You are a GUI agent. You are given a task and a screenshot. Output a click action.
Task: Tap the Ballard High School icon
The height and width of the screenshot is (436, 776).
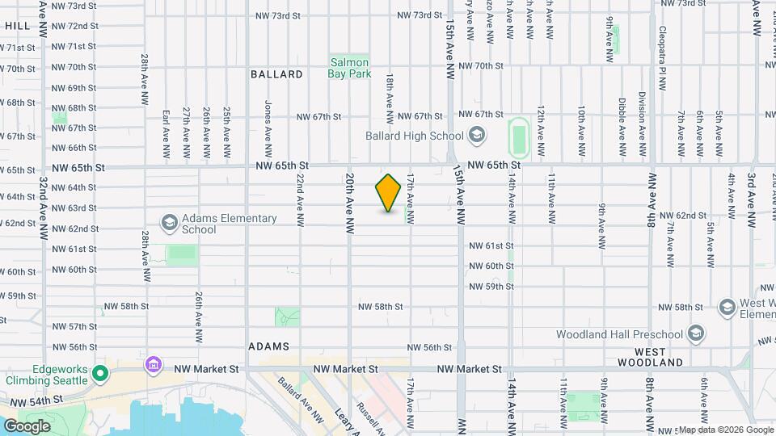point(477,136)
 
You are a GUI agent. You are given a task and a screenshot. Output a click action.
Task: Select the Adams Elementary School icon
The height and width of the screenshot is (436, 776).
point(170,222)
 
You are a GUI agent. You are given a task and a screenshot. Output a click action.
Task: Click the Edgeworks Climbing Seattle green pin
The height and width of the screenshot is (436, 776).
point(100,373)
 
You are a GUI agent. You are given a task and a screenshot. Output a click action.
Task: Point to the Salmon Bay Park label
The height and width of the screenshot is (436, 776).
point(349,68)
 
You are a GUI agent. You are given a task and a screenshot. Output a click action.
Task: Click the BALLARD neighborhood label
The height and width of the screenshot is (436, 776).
point(276,74)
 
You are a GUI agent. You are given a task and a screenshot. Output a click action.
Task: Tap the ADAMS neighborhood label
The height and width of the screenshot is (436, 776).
point(269,346)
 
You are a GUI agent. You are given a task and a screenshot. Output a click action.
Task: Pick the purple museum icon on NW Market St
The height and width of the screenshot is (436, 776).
point(153,366)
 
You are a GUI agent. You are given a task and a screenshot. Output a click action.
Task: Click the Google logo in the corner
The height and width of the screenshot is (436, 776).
point(27,426)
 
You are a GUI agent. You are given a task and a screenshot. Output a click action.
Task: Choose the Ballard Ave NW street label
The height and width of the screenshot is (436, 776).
point(296,400)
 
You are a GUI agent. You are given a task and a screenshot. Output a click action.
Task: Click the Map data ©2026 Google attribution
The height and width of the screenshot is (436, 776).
point(725,430)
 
